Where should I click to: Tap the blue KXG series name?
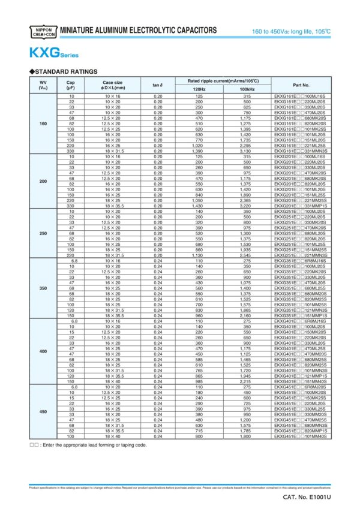pyautogui.click(x=53, y=54)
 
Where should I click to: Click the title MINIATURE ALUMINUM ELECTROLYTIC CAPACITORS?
pyautogui.click(x=139, y=29)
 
